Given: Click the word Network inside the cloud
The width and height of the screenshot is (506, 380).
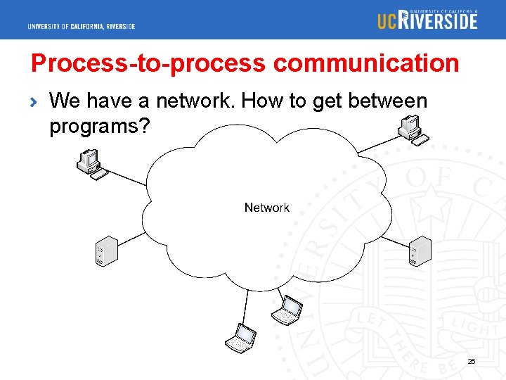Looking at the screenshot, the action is (266, 208).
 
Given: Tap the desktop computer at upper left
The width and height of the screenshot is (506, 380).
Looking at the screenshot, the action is (91, 164).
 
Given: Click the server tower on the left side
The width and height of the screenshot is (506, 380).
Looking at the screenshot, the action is (104, 252).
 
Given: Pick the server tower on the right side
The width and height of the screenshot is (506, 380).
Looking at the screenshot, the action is (419, 251).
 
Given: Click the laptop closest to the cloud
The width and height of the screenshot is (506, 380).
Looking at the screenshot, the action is (287, 310).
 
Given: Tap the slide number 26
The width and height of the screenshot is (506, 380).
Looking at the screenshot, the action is (472, 362).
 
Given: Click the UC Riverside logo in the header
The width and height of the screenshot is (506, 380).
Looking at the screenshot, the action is (427, 20).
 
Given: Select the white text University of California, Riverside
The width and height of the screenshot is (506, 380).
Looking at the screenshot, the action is (82, 27).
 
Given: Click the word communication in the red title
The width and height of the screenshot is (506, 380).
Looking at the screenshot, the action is (366, 63).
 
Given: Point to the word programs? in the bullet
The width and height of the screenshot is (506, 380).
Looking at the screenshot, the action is (98, 127).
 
